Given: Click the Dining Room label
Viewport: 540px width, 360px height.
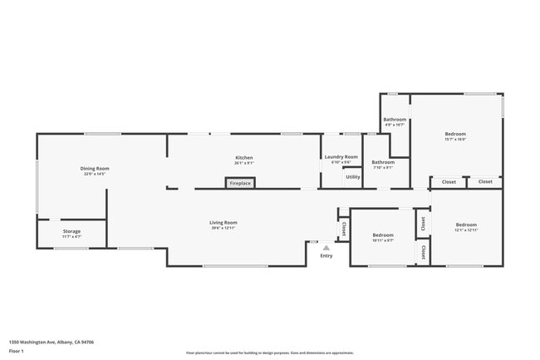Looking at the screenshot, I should tap(95, 169).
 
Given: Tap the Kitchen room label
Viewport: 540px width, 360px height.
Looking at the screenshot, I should tap(243, 157).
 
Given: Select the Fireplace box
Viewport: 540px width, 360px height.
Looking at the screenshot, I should tap(240, 183).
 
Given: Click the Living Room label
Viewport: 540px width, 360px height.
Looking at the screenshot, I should tap(223, 222).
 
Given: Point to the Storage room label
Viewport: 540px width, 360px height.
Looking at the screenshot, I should tap(71, 232).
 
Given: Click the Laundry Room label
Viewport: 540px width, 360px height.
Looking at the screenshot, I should tap(341, 157).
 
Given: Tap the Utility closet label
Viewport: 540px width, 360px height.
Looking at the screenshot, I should tap(352, 176).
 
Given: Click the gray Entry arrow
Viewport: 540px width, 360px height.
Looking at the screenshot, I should tap(326, 247).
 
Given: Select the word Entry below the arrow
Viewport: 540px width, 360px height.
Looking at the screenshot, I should tap(326, 255).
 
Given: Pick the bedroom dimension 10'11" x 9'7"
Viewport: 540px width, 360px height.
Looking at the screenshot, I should tap(382, 241).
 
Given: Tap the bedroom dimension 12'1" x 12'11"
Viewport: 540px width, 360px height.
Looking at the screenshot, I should tap(466, 229).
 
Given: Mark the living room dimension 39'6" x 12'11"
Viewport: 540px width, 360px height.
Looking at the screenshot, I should tap(223, 228).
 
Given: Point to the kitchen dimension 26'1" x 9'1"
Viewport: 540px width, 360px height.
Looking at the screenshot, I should tap(243, 163).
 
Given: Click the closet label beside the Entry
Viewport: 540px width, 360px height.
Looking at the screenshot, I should tap(342, 227).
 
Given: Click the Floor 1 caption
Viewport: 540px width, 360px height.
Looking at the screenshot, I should tap(17, 350).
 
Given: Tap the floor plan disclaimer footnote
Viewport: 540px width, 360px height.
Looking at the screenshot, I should tap(270, 353).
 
